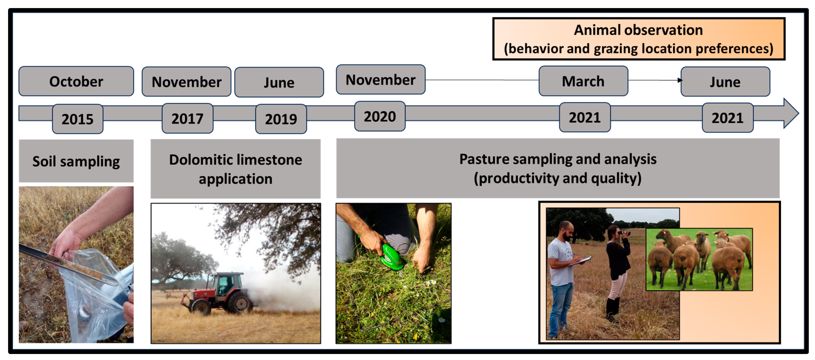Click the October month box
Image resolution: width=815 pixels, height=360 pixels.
point(76,81)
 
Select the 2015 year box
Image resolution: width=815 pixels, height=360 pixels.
point(78,119)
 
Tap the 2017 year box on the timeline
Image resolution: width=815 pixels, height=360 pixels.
point(187,118)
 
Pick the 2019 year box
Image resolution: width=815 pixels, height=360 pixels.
point(281,119)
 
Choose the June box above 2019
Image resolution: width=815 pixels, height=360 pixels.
point(279,82)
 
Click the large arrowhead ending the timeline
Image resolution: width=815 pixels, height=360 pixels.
point(791,113)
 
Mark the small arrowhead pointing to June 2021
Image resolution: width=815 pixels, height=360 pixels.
point(680,80)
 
